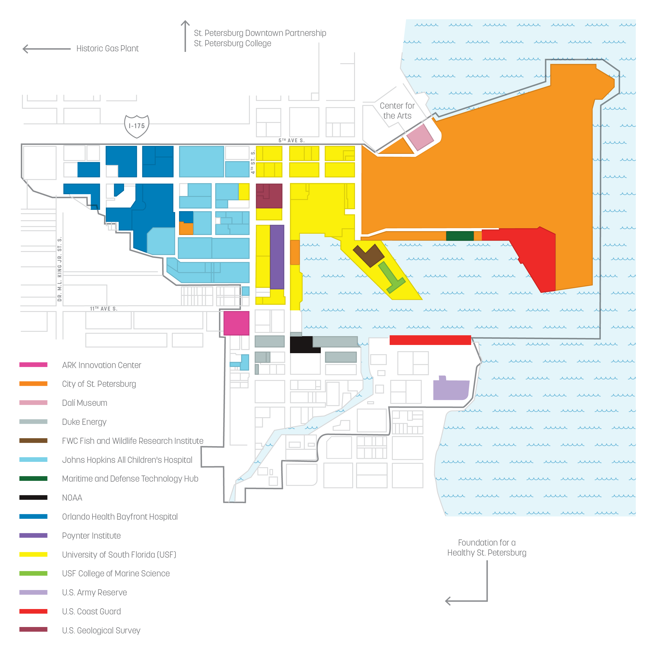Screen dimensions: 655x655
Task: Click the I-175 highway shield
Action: coord(137,126)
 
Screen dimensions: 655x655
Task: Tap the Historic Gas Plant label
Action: coord(107,49)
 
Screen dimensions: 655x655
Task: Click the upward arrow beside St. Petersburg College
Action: coord(185,36)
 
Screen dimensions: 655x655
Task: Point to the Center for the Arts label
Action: coord(397,111)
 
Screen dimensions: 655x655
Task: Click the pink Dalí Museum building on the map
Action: coord(420,137)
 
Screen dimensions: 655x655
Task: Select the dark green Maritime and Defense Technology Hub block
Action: coord(460,236)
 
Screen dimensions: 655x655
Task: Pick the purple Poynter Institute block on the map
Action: coord(277,257)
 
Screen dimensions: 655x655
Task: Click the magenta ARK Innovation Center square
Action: coord(236,323)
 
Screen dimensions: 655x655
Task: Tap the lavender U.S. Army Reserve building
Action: coord(451,390)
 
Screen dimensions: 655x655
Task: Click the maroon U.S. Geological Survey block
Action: coord(269,196)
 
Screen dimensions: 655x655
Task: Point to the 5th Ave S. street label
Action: coord(292,140)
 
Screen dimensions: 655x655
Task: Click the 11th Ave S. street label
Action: coord(104,308)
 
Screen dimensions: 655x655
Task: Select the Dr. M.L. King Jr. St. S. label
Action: coord(60,269)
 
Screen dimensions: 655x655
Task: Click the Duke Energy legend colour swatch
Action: coord(33,422)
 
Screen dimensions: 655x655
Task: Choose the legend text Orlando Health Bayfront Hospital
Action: coord(120,517)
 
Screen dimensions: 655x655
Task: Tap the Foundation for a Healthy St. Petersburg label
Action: coord(486,548)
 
